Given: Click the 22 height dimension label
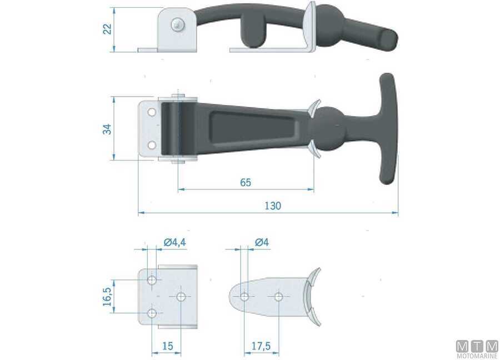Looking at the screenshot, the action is (108, 29).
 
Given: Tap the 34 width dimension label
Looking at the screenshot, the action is (108, 129).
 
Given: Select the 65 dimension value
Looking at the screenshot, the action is (246, 182).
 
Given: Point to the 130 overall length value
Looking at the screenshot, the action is (273, 206).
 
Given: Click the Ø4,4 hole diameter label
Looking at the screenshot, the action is (175, 242).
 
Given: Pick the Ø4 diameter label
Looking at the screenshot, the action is (262, 242).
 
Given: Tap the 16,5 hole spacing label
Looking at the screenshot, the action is (107, 297).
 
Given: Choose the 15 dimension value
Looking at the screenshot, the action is (167, 346).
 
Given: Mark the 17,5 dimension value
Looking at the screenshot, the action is (261, 346).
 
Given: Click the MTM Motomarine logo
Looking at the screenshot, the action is (477, 349).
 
